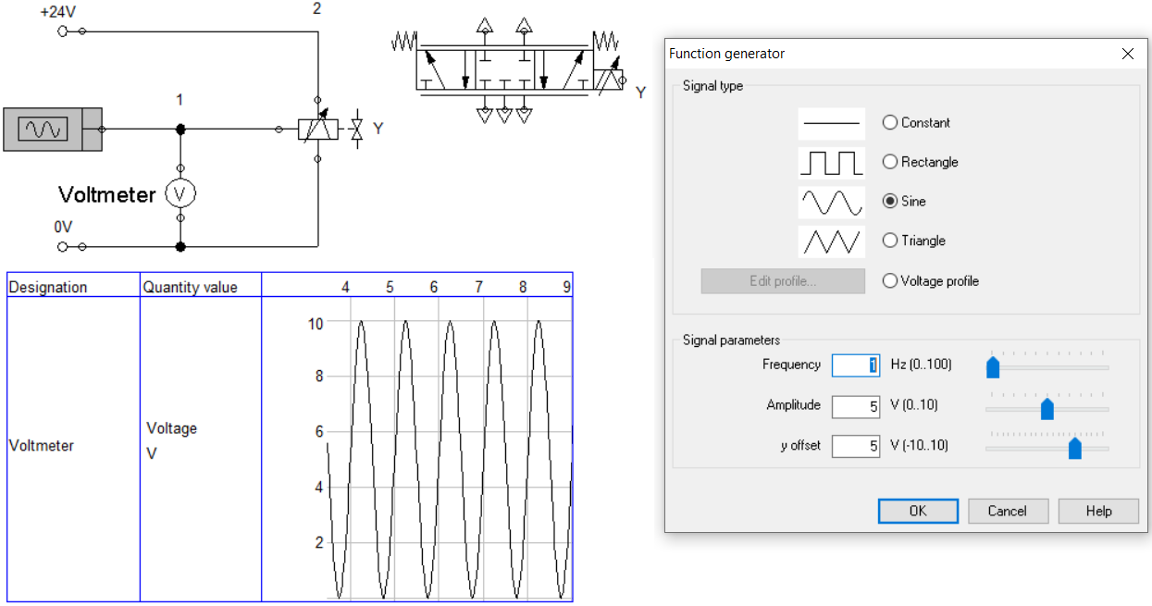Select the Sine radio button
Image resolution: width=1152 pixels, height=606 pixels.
coord(890,201)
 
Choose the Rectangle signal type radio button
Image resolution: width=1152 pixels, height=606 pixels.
coord(890,162)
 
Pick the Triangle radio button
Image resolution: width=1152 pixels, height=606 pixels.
coord(890,241)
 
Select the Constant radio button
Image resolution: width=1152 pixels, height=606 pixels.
coord(890,122)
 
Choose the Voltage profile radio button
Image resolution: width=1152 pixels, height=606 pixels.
coord(890,281)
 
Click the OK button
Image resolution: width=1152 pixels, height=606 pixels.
coord(918,511)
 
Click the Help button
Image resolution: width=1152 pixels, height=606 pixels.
coord(1098,511)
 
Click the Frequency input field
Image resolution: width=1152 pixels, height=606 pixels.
coord(856,365)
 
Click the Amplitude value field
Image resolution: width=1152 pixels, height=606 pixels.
coord(856,406)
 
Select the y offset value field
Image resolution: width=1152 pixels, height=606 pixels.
coord(856,446)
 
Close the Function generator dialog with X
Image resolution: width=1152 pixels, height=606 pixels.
coord(1127,54)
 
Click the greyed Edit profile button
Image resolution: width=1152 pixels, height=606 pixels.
coord(783,281)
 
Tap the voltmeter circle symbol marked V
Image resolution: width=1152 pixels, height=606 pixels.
coord(180,194)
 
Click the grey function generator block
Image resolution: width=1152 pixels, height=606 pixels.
coord(53,130)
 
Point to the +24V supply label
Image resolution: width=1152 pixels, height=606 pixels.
coord(58,12)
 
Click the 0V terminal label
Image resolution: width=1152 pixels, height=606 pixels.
coord(63,227)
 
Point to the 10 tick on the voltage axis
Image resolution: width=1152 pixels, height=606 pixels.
coord(316,324)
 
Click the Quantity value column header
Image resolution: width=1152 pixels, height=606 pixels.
coord(190,287)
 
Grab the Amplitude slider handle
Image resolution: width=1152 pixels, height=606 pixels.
coord(1047,409)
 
